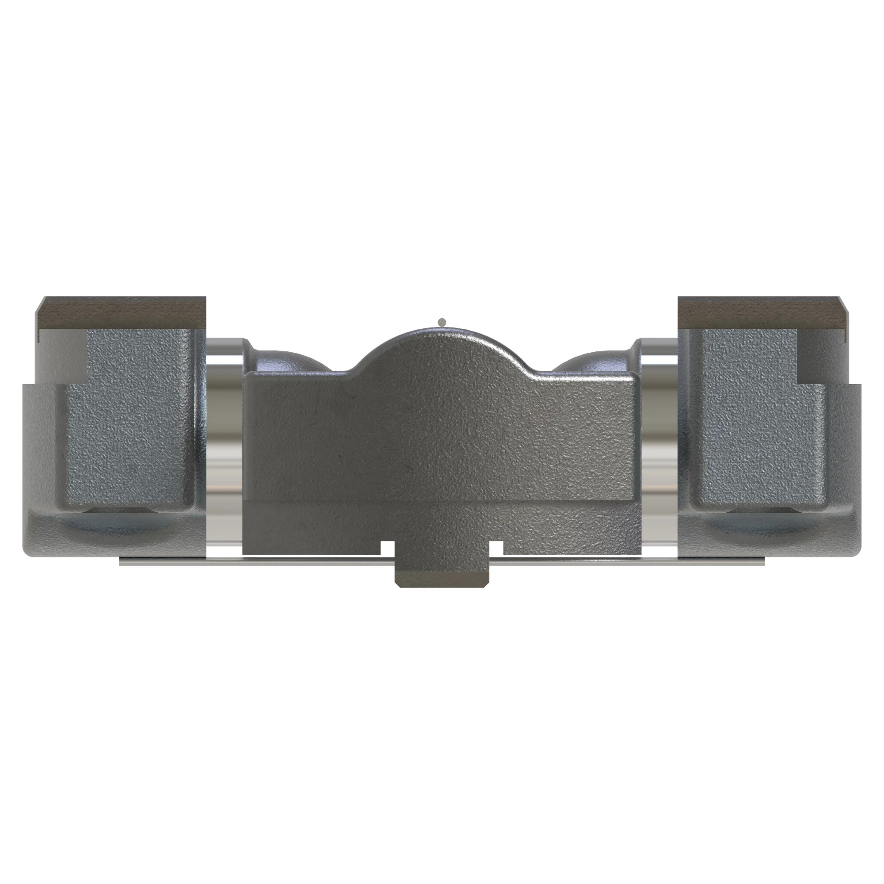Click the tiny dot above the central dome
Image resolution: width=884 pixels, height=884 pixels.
coord(442,322)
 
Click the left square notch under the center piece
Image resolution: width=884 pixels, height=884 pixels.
coord(387,547)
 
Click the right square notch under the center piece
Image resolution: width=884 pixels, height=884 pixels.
coord(497,547)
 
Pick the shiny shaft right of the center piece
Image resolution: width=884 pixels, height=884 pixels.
coord(659,426)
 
